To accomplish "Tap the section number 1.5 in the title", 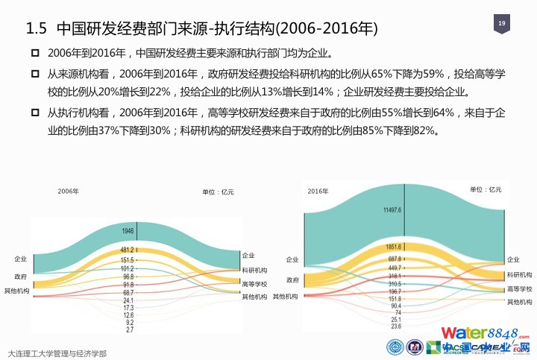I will [x=37, y=29].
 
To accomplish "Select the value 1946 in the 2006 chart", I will [x=128, y=231].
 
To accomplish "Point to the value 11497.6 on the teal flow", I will [x=392, y=210].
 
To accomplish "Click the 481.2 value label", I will [x=128, y=250].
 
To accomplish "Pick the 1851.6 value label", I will [x=394, y=247].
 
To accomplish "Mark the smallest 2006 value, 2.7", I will [x=129, y=329].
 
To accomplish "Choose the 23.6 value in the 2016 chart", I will [x=395, y=326].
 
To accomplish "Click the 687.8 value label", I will [x=395, y=259].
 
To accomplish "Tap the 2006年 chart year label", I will [x=68, y=192].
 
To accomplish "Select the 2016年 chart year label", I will [x=318, y=192].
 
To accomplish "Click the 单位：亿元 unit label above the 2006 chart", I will [x=218, y=192].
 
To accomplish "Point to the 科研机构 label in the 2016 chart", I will [x=519, y=275].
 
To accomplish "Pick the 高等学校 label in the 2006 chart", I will [x=254, y=284].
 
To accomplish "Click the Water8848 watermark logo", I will [x=485, y=332].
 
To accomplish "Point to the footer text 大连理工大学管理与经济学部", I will [x=57, y=353].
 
